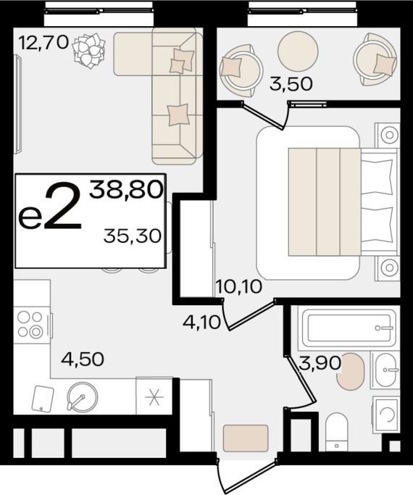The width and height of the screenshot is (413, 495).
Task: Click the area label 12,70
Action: [43, 43]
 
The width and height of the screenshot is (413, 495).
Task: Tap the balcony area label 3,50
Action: [291, 84]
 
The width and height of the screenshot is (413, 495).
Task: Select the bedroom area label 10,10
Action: [239, 287]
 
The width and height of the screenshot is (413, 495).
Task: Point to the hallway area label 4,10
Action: [201, 323]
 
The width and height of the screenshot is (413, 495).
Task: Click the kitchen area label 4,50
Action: [83, 359]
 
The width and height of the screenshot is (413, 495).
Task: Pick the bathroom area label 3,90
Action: [320, 363]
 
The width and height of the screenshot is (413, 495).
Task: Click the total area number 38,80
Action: [126, 190]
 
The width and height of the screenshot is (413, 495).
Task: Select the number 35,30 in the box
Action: [133, 236]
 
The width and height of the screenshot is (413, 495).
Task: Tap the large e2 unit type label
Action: [51, 206]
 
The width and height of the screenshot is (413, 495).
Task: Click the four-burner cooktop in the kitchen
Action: [32, 325]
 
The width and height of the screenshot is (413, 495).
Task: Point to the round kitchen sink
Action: [83, 397]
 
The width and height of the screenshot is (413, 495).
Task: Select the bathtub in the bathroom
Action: [349, 328]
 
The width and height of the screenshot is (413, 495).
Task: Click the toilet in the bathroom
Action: [337, 432]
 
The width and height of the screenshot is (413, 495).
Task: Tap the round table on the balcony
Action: [298, 51]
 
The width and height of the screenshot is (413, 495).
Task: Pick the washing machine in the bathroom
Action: [386, 415]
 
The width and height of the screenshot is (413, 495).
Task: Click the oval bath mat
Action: [351, 372]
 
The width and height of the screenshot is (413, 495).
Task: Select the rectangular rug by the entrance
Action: [246, 438]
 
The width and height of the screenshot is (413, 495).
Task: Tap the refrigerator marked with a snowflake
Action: [154, 396]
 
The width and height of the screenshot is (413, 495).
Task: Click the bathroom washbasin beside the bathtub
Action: [385, 370]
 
